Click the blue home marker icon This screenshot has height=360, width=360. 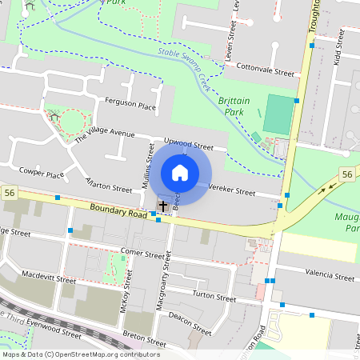coord(180,173)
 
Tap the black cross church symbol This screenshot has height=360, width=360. coord(163,206)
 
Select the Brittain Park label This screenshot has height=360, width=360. coord(236,107)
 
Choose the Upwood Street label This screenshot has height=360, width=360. coord(188,146)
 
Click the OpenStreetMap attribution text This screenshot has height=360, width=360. coord(80,354)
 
